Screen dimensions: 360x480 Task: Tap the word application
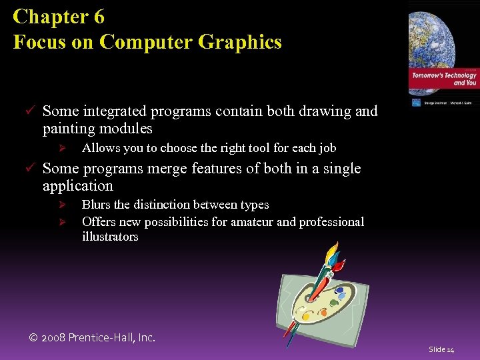coord(77,185)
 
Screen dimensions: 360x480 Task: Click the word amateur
coord(249,221)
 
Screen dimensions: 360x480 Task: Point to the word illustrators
coord(110,237)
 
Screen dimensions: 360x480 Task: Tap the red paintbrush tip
coord(341,265)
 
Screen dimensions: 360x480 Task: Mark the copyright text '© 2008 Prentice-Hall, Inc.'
coord(92,337)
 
